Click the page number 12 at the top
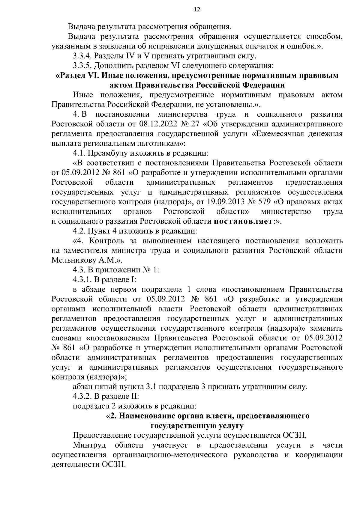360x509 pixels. (x=197, y=9)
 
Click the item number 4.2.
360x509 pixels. (x=79, y=231)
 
